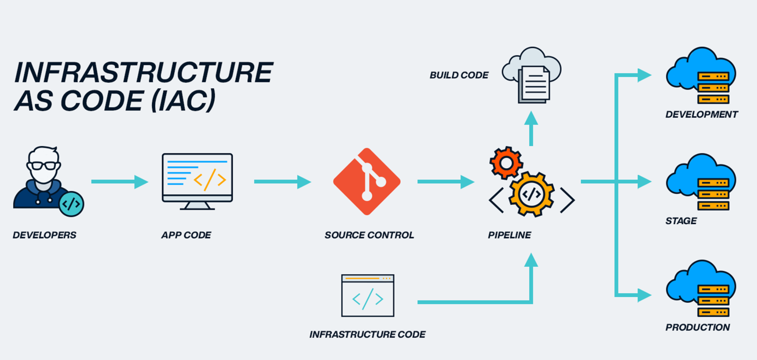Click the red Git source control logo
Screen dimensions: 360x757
(367, 181)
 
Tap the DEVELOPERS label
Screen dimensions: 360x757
(44, 235)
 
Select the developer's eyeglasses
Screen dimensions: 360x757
(44, 166)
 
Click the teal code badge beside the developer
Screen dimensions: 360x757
(71, 204)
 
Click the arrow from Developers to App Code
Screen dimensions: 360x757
(120, 181)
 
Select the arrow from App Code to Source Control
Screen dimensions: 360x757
(282, 181)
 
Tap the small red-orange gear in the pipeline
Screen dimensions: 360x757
(506, 163)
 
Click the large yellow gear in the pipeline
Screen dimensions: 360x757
(531, 194)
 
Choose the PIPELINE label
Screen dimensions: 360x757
(509, 235)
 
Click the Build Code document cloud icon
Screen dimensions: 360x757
(532, 77)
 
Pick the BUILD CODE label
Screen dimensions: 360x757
(459, 75)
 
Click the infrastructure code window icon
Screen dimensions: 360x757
(367, 296)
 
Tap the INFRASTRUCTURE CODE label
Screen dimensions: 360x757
(367, 334)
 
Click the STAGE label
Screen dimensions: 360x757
(681, 221)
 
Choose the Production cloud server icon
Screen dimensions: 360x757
(701, 289)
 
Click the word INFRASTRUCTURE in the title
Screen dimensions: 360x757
(144, 72)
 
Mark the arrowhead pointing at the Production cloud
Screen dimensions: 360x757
(644, 295)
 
